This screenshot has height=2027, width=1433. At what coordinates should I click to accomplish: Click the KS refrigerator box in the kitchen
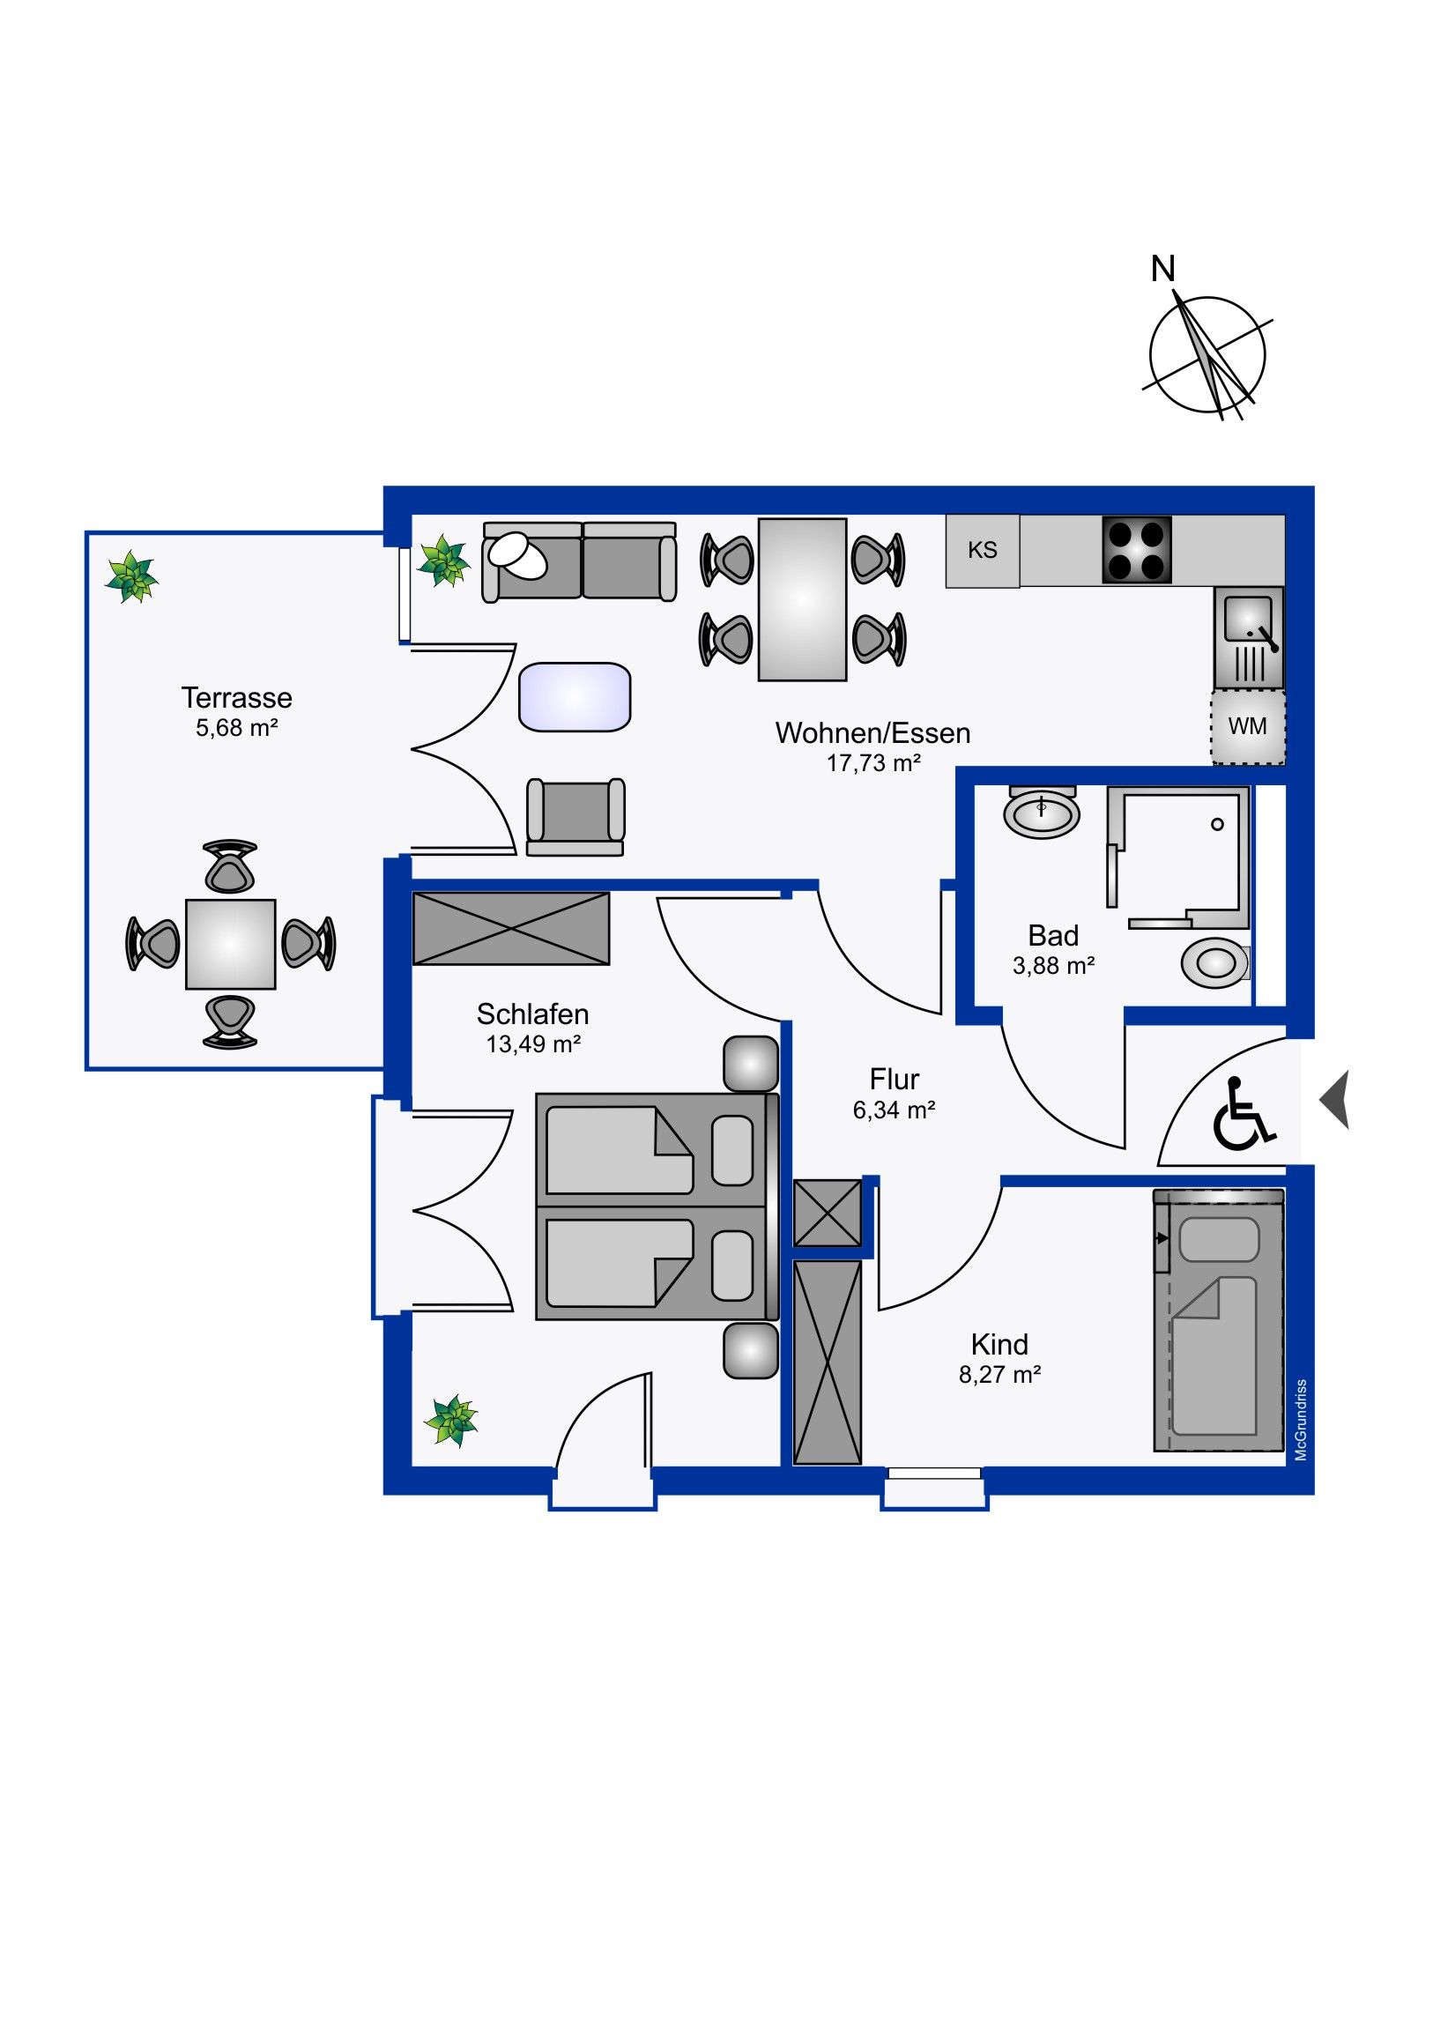[982, 551]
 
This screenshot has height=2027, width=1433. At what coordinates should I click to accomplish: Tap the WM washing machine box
[1247, 726]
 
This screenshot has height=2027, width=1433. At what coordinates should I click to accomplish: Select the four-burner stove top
[1136, 550]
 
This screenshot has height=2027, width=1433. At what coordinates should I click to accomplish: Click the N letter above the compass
[1162, 269]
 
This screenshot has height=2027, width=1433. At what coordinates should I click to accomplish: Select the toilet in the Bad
[1217, 962]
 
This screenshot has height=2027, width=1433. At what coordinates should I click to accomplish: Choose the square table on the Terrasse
[230, 944]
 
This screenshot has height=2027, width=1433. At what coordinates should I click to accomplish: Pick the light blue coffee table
[575, 697]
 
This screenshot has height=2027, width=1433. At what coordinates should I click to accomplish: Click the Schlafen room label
[532, 1013]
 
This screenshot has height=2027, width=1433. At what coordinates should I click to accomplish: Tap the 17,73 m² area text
[873, 763]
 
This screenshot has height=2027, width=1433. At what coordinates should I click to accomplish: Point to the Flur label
[894, 1079]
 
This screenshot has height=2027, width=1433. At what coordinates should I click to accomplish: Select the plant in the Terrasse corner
[131, 577]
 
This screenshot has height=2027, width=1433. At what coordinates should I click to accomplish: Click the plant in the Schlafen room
[450, 1421]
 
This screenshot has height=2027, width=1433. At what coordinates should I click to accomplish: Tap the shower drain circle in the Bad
[1218, 825]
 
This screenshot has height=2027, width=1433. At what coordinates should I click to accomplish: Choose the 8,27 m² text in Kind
[999, 1375]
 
